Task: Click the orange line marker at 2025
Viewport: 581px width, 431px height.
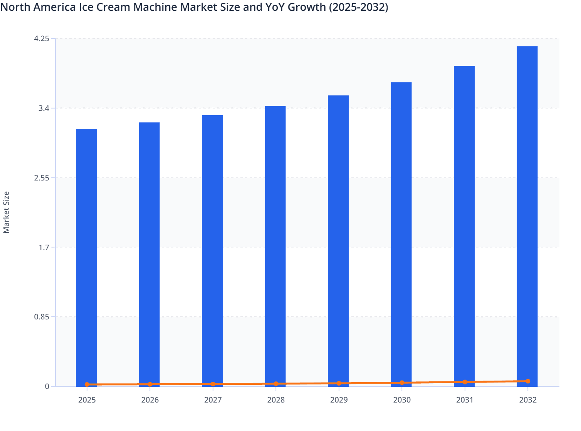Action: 87,384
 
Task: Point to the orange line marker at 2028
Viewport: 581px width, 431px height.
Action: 276,384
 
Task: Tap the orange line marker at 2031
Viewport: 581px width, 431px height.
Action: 465,382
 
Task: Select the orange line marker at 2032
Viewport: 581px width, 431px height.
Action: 528,381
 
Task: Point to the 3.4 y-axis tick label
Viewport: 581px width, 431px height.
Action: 44,108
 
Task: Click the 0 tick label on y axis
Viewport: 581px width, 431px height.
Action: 47,386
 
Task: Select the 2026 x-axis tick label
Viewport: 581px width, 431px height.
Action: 150,400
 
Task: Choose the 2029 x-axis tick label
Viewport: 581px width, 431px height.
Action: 339,400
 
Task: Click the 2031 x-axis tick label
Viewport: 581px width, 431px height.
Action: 465,400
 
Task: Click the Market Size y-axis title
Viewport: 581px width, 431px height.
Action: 7,212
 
